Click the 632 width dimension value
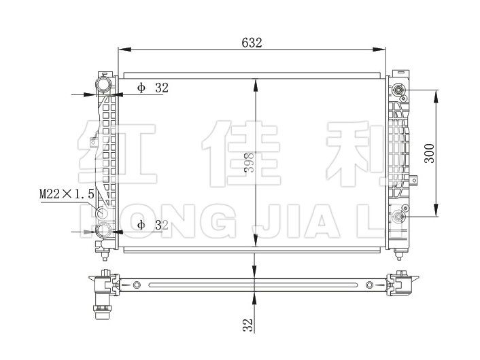tap(252, 41)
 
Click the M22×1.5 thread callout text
tap(66, 194)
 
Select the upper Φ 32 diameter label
tap(152, 88)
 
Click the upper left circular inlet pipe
tap(103, 85)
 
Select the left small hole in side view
tap(137, 285)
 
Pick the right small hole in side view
tap(370, 285)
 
